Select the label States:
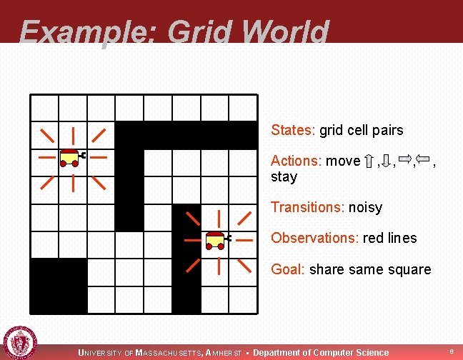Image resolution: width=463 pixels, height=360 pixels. tap(293, 131)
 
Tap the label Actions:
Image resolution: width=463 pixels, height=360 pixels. tap(297, 161)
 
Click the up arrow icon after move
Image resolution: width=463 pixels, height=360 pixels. tap(369, 161)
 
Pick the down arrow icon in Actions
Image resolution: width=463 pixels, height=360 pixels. tap(386, 161)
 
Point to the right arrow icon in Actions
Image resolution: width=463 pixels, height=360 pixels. tap(404, 159)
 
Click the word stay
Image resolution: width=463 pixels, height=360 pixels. tap(284, 177)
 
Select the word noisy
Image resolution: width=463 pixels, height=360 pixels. tap(365, 208)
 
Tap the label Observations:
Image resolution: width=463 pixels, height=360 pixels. tap(314, 239)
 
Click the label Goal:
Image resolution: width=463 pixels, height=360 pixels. tap(289, 270)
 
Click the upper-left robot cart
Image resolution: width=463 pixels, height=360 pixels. tap(71, 157)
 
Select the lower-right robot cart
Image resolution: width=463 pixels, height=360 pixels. tap(215, 241)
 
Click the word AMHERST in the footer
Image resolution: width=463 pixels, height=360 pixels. tap(224, 353)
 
